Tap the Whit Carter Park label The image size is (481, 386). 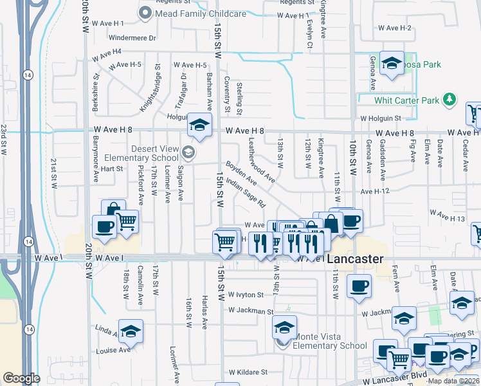[x=407, y=100]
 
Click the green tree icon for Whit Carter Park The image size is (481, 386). [x=450, y=100]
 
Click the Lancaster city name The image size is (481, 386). [x=355, y=259]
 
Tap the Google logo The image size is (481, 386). [x=21, y=378]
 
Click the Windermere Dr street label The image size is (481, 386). [x=134, y=38]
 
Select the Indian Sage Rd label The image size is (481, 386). [x=245, y=195]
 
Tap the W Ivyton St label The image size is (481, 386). [x=242, y=295]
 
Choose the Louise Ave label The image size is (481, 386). [x=113, y=351]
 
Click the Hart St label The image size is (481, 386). [x=111, y=169]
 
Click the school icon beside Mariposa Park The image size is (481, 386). [x=391, y=64]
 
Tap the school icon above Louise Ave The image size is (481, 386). [x=131, y=331]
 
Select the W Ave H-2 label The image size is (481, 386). [x=395, y=28]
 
